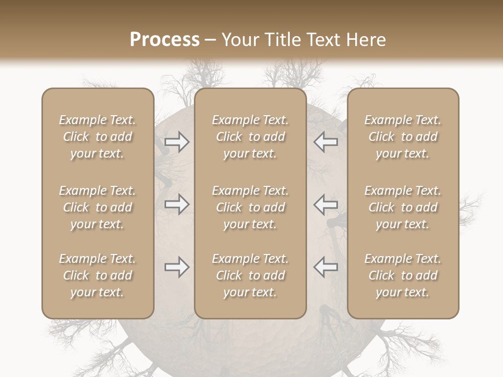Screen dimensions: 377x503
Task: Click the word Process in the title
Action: [x=165, y=40]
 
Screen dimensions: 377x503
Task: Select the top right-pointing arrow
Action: [x=177, y=142]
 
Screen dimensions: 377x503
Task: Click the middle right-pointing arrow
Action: [x=177, y=204]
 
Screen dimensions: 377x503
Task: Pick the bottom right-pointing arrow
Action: [x=177, y=267]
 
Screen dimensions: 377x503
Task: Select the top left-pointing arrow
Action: [x=326, y=142]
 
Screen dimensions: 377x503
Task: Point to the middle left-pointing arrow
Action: [x=326, y=204]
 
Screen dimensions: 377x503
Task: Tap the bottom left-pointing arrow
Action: [x=326, y=267]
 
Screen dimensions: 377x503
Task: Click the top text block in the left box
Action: [x=97, y=137]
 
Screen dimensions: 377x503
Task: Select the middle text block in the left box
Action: [x=97, y=207]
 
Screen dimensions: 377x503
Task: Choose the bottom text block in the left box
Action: [x=97, y=275]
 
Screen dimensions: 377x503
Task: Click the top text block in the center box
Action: [x=250, y=137]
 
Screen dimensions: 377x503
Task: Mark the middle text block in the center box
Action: [x=250, y=207]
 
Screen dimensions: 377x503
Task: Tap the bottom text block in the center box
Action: [x=250, y=275]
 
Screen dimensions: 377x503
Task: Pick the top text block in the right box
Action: [x=403, y=137]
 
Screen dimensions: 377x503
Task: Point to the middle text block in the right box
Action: [x=403, y=207]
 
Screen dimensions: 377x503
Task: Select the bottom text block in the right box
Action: [x=403, y=275]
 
